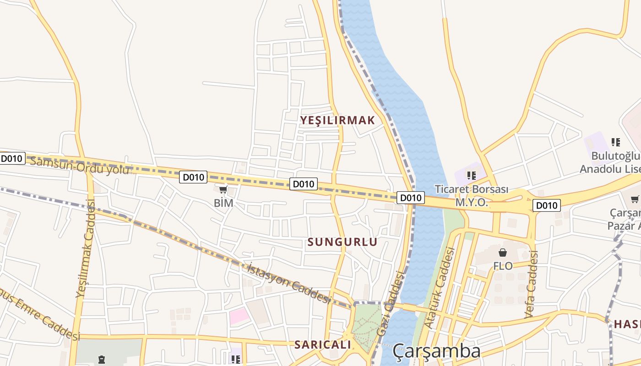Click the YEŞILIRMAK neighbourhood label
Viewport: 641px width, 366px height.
[337, 120]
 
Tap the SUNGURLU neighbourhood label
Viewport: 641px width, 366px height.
[342, 242]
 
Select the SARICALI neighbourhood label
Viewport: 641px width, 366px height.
[322, 344]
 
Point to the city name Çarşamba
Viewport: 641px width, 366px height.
[436, 351]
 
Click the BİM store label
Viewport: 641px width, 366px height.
[223, 203]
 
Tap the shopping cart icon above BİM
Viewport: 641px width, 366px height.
[223, 189]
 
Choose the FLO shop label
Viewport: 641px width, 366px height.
[503, 266]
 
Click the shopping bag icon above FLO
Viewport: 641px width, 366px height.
[503, 253]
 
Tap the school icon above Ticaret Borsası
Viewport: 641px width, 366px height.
[472, 175]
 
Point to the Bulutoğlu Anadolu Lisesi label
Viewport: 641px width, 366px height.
[611, 162]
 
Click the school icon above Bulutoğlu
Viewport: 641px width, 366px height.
[616, 142]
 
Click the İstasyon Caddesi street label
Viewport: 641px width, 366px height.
[288, 282]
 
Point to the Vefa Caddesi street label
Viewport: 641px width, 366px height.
[531, 285]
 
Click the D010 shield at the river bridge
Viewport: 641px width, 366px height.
[410, 198]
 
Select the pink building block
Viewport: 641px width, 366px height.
[239, 316]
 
